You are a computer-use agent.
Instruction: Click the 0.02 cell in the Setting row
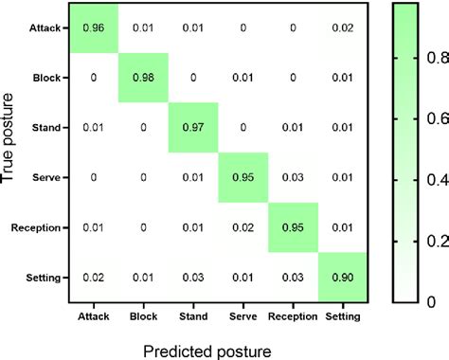(x=93, y=277)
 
